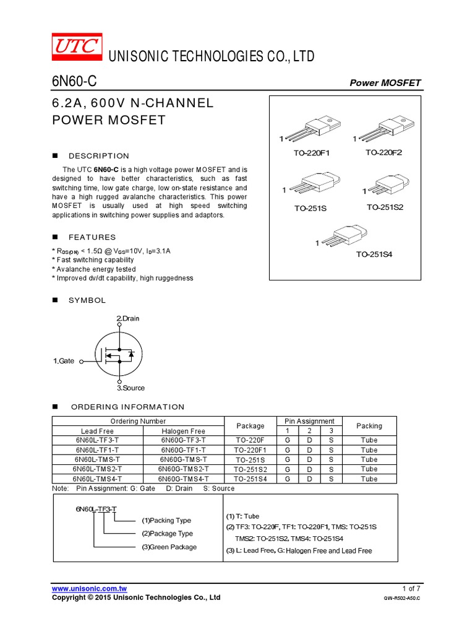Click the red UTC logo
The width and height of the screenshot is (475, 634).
pos(76,46)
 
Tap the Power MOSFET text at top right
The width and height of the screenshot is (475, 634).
pos(385,83)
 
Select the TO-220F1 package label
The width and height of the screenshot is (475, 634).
pos(312,153)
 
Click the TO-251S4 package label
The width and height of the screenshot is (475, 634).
pos(374,254)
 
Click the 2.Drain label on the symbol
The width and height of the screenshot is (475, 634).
pos(128,318)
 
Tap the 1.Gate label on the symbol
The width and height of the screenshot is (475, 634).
pos(64,360)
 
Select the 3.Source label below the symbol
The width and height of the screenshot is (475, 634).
pos(131,388)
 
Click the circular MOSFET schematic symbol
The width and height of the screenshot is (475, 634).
pos(119,354)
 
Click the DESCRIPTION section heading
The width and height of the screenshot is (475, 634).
pos(99,156)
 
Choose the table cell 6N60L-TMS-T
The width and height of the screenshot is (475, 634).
pos(97,459)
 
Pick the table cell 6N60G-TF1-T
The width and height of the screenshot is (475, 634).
pos(183,450)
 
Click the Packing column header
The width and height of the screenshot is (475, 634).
pos(369,426)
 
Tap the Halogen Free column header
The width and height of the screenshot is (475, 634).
pos(183,431)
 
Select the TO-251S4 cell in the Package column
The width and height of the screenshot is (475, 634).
pos(250,479)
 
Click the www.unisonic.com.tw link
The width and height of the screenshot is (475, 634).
pos(90,588)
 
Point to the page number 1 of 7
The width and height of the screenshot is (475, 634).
pos(411,588)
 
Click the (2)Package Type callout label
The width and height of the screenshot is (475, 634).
pos(167,534)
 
